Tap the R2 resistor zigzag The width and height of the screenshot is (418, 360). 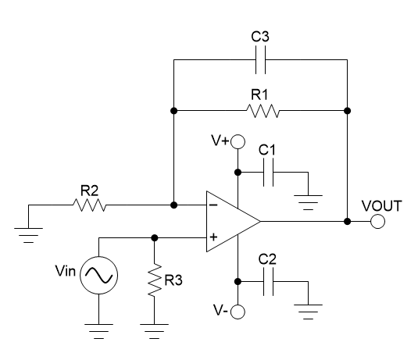(x=88, y=205)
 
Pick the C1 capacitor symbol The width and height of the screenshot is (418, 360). (x=268, y=173)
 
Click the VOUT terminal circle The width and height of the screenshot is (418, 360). (x=378, y=221)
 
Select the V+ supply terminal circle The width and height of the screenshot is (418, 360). (x=238, y=142)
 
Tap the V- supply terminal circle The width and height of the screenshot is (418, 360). (x=238, y=312)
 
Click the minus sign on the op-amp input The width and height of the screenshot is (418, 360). (x=213, y=205)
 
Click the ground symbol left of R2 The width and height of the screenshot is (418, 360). (x=28, y=233)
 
